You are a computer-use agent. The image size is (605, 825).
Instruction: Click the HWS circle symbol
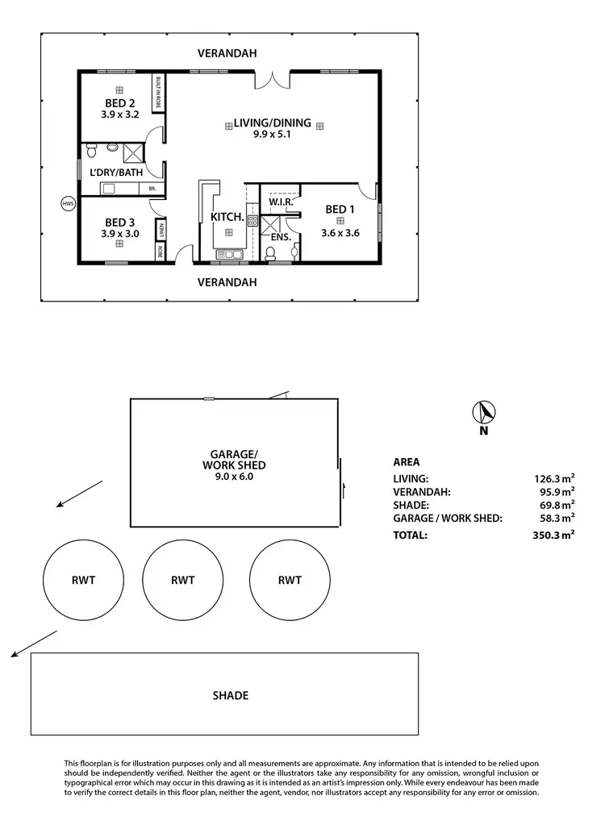[x=68, y=204]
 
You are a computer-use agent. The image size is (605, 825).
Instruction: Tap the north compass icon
[x=483, y=413]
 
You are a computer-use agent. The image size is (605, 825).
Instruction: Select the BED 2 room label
[x=120, y=103]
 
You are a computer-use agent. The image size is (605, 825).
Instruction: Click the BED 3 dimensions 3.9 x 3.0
[x=120, y=234]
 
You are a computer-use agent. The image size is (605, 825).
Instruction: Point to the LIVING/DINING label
[x=273, y=123]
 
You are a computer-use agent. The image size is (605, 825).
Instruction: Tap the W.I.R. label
[x=281, y=202]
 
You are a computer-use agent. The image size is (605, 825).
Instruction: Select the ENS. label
[x=280, y=237]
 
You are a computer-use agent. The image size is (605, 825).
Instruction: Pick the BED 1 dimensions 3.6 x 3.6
[x=340, y=232]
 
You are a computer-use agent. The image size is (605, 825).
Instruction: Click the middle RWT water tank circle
[x=183, y=580]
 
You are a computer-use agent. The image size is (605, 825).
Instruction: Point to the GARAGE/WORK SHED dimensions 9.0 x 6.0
[x=234, y=477]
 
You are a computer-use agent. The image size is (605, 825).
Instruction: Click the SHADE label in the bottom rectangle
[x=230, y=695]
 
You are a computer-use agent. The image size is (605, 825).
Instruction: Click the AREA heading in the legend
[x=406, y=463]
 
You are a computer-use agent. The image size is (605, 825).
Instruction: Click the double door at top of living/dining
[x=273, y=80]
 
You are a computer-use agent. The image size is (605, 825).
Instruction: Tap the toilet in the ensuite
[x=271, y=254]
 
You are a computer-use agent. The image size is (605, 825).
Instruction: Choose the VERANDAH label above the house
[x=227, y=53]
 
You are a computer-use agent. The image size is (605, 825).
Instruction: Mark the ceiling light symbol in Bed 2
[x=119, y=90]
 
